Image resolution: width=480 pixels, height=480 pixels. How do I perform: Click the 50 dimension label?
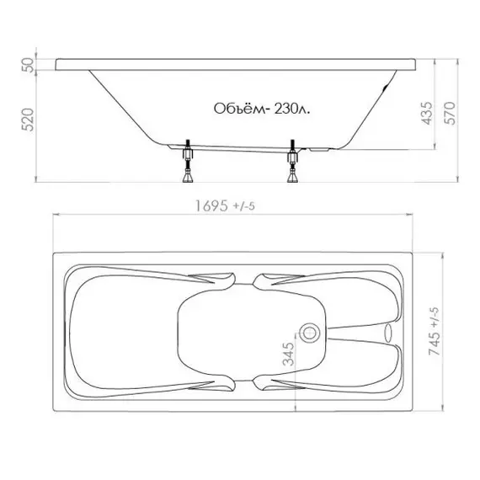(x=28, y=65)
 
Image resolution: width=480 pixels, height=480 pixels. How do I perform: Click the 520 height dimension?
(x=28, y=120)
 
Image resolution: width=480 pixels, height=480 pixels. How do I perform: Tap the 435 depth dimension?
(x=428, y=114)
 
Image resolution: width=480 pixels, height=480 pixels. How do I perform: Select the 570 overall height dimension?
(x=450, y=114)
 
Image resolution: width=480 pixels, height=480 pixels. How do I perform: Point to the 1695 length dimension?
(x=212, y=205)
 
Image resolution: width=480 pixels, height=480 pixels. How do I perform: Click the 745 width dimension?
(x=435, y=344)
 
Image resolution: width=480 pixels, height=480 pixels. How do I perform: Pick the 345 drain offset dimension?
(x=288, y=355)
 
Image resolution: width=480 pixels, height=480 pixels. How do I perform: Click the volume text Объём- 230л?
(x=262, y=109)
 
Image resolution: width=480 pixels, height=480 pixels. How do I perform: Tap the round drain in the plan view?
(x=309, y=333)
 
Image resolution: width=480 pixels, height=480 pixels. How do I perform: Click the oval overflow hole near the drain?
(x=388, y=333)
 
